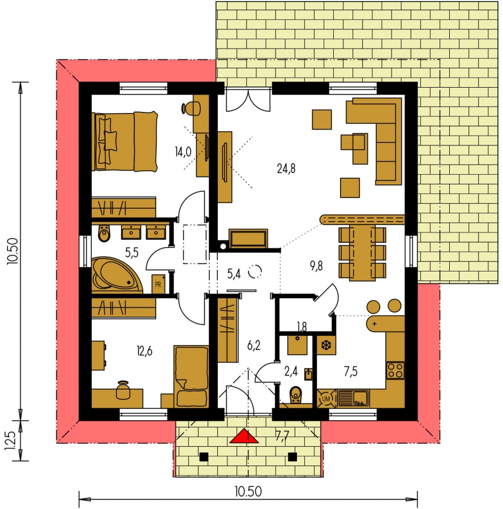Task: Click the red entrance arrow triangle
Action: click(244, 436)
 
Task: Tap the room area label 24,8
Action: click(286, 169)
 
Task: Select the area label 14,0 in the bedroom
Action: click(183, 152)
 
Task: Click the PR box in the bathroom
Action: click(158, 284)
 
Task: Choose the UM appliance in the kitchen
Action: click(326, 399)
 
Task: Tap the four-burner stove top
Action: click(395, 370)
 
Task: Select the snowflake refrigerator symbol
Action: click(326, 345)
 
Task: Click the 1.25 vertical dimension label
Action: click(10, 441)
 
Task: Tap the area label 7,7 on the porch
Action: click(282, 436)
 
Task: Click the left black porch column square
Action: click(204, 457)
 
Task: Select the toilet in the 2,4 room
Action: click(295, 395)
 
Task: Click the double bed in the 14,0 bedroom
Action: click(124, 141)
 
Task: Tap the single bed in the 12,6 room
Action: click(191, 376)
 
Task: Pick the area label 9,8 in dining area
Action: click(316, 266)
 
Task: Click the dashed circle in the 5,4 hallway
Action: click(255, 271)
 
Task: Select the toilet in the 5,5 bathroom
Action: click(104, 234)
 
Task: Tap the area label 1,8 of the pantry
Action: click(302, 326)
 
